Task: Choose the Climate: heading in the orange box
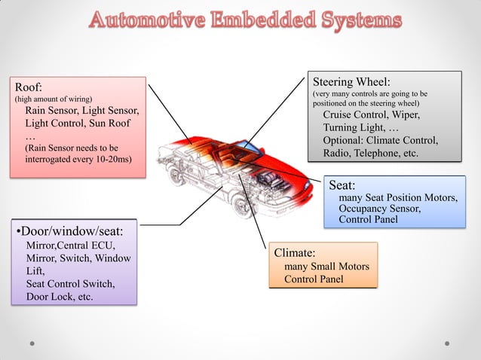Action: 295,253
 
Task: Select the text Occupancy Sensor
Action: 379,209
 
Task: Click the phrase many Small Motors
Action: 326,267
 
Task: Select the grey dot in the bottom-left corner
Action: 32,343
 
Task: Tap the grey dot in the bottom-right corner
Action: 447,343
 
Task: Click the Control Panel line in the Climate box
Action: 314,279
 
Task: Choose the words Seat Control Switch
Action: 70,283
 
